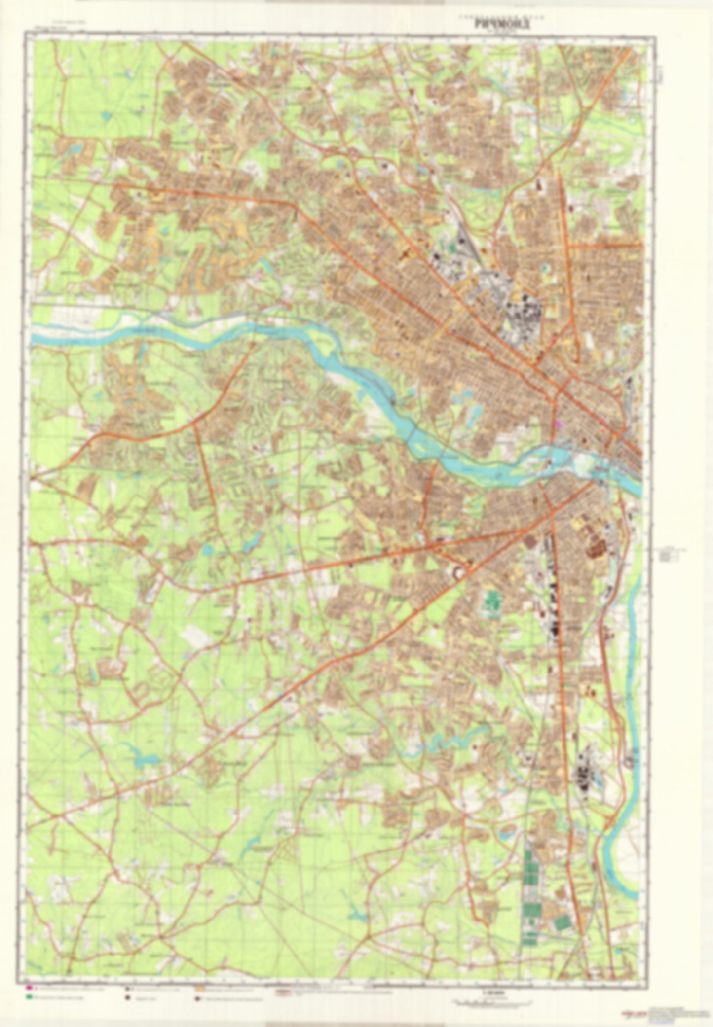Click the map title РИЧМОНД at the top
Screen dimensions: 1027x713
point(502,23)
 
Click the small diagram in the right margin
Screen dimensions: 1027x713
point(670,556)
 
